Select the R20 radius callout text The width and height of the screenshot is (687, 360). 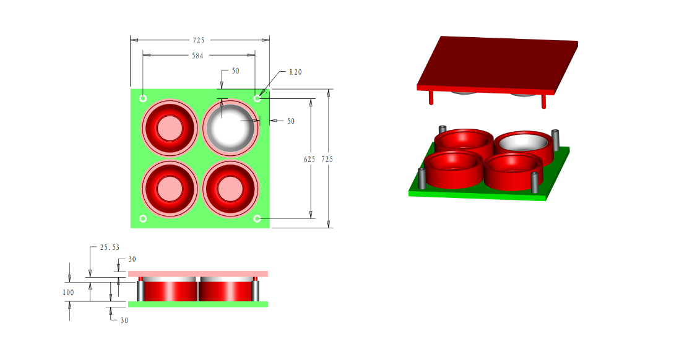[296, 72]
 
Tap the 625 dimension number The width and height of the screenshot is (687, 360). [309, 159]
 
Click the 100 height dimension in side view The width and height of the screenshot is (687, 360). [68, 292]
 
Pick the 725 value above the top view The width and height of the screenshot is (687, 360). [198, 40]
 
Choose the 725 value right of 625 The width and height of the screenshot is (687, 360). [327, 159]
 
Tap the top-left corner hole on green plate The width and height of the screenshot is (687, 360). [143, 98]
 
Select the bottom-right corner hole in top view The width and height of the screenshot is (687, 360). [257, 218]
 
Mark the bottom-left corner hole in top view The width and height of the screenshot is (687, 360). [143, 218]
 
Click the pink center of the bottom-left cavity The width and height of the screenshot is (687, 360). [168, 188]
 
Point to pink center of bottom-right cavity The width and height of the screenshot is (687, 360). [228, 188]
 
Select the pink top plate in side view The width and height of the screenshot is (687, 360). [198, 273]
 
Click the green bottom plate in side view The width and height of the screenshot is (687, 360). [198, 304]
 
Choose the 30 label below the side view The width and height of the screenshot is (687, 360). [124, 320]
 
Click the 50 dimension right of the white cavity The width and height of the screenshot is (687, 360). [290, 121]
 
